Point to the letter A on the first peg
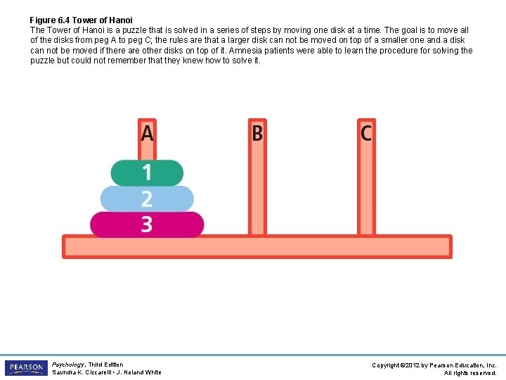(147, 132)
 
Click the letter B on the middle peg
(257, 132)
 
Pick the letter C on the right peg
(366, 132)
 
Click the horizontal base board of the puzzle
(257, 246)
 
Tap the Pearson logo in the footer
(26, 368)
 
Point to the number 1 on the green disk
(147, 172)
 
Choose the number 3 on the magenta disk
(146, 224)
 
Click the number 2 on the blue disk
(146, 198)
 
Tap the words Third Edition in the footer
(105, 365)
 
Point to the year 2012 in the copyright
(413, 365)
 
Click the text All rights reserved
(470, 373)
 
